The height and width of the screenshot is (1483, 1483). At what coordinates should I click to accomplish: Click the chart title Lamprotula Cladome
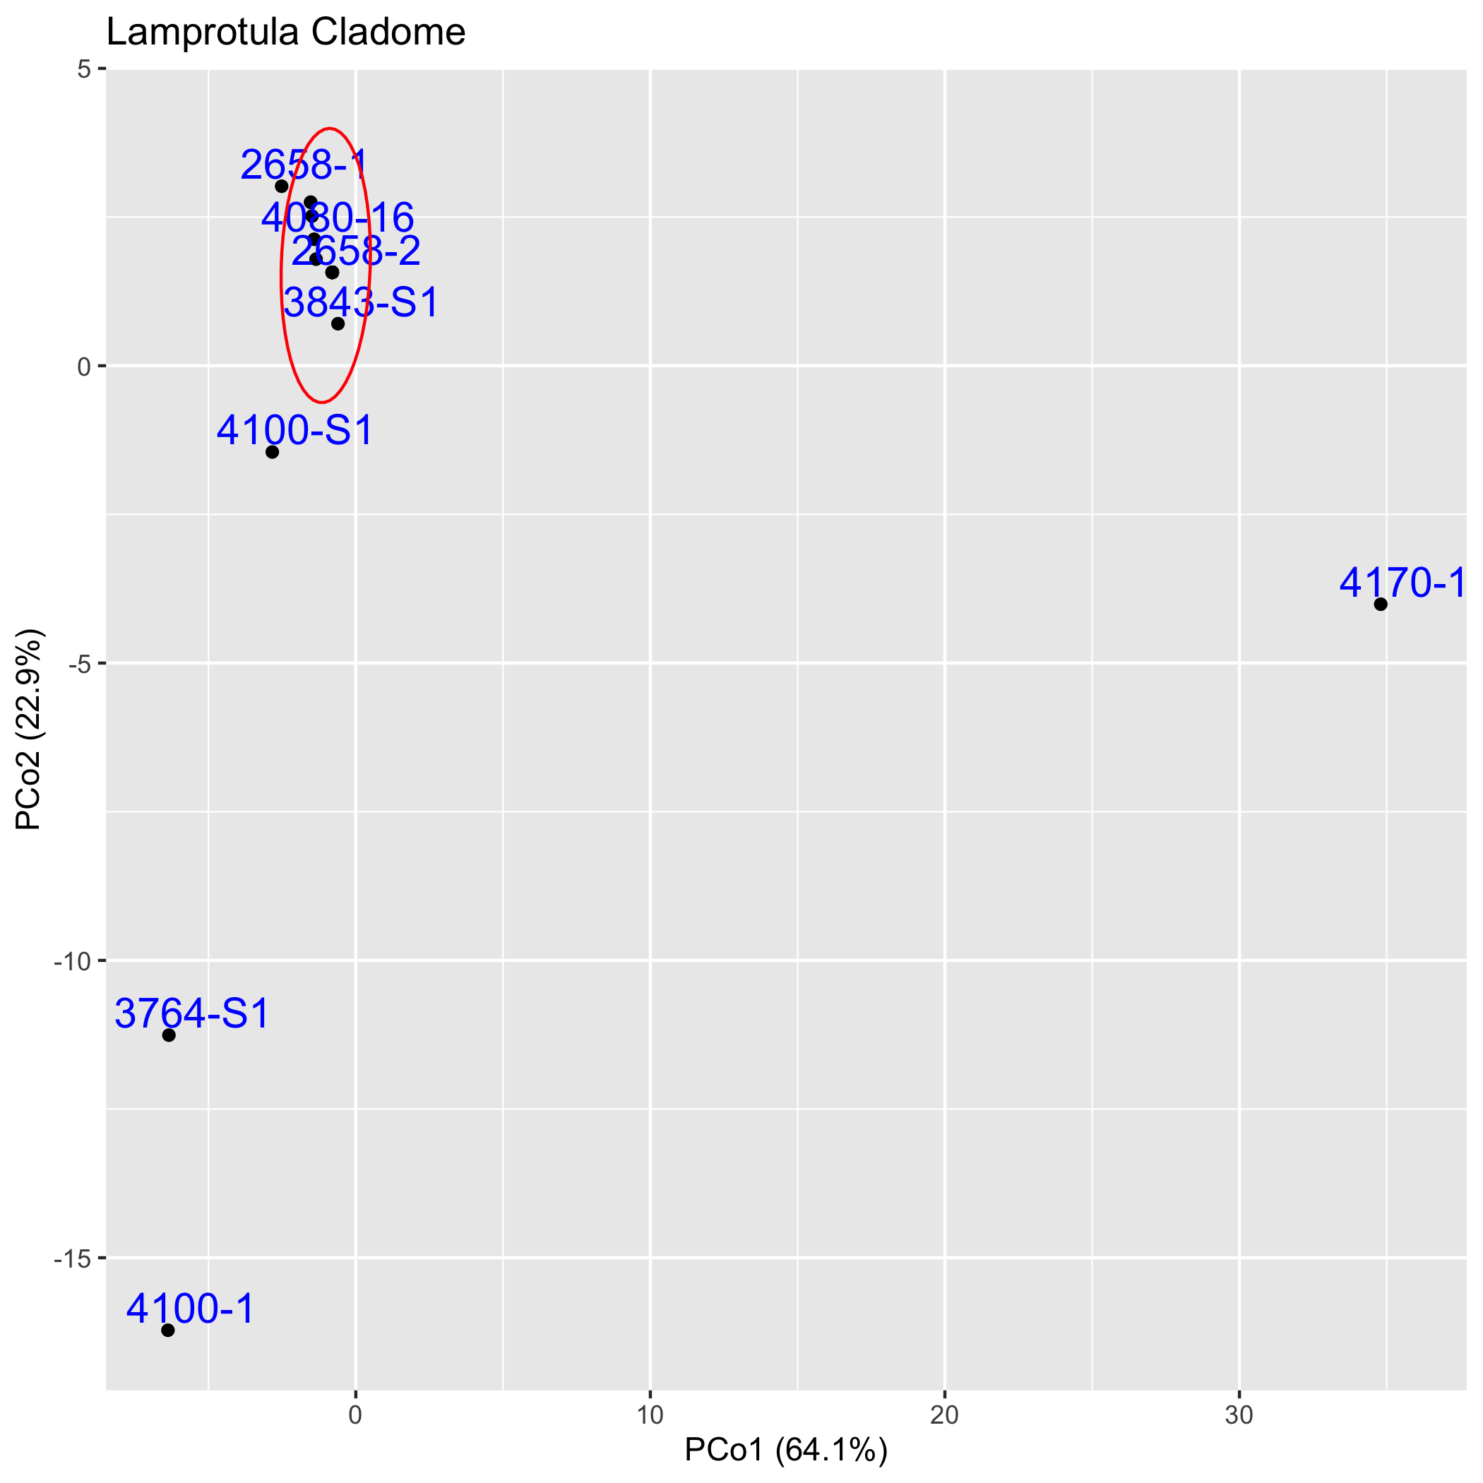point(285,32)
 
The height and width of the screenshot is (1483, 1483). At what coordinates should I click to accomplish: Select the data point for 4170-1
point(1380,604)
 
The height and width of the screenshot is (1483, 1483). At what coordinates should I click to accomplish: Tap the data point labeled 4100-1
point(168,1330)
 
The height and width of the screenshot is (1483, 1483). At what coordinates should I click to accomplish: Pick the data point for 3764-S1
point(169,1035)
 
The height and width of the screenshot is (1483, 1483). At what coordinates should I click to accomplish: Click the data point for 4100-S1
point(272,451)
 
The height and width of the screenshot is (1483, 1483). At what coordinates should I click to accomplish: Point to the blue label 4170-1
point(1402,583)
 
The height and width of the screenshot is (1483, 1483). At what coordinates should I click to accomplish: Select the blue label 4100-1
point(191,1309)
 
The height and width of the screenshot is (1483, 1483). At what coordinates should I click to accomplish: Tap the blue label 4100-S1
point(294,430)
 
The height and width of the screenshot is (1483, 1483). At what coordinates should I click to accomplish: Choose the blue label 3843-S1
point(361,302)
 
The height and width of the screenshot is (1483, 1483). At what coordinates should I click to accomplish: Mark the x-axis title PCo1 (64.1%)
point(785,1451)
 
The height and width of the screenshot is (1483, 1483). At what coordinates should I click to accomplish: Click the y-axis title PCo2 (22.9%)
point(29,730)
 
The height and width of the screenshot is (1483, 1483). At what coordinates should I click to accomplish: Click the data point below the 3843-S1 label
point(338,323)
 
